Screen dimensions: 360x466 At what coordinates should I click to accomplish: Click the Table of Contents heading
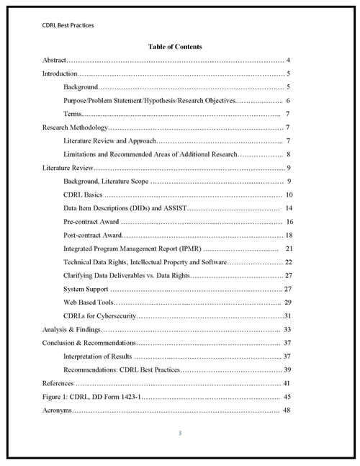175,47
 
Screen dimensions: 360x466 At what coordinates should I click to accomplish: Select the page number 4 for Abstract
288,61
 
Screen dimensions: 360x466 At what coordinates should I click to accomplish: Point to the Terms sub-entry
72,114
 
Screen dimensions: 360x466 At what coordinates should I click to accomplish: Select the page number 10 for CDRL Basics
288,194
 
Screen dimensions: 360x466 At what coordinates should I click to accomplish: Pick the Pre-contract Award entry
91,221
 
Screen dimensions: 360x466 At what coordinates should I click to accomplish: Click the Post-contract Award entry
93,235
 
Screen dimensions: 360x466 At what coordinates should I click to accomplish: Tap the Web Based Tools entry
88,303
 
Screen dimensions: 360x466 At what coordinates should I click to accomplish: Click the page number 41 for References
286,382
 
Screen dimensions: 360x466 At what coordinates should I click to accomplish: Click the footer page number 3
180,433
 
